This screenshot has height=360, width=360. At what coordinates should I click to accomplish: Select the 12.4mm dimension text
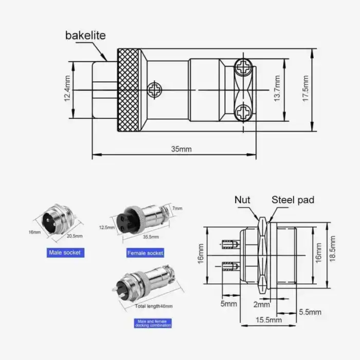(x=67, y=89)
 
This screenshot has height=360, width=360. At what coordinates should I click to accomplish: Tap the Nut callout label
(x=243, y=200)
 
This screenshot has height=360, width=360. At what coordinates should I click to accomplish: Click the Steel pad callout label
(x=292, y=200)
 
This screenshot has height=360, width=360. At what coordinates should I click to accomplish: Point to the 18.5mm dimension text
(x=333, y=255)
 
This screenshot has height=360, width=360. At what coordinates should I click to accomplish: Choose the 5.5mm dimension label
(x=310, y=312)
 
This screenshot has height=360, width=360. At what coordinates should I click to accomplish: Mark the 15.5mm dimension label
(x=268, y=320)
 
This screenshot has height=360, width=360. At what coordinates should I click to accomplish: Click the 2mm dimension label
(x=262, y=304)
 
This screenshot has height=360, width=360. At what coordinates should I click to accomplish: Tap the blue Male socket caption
(x=65, y=253)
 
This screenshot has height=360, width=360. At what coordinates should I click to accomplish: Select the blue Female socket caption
(x=145, y=253)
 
